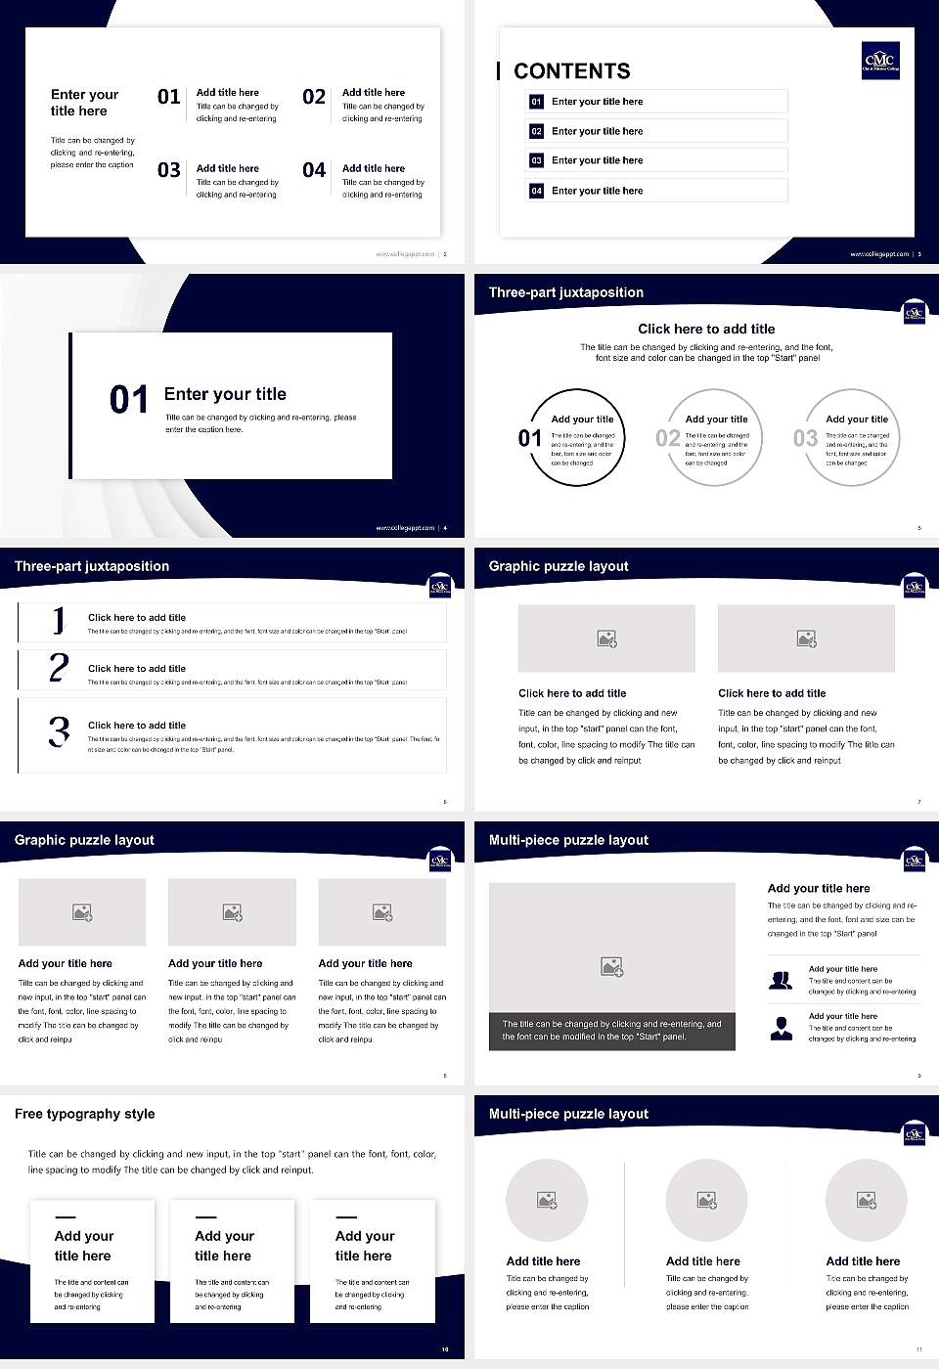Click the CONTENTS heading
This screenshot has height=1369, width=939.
click(572, 71)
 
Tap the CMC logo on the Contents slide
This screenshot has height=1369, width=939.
click(879, 61)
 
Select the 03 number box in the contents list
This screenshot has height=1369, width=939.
click(536, 160)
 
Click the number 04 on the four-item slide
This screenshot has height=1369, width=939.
click(314, 170)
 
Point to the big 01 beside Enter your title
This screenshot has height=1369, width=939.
click(129, 400)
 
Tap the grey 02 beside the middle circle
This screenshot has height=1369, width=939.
click(668, 438)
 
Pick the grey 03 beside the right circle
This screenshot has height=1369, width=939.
click(805, 438)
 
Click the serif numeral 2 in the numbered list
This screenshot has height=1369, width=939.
click(59, 668)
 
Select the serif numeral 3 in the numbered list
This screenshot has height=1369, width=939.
click(59, 731)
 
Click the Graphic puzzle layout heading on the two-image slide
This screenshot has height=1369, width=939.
click(559, 566)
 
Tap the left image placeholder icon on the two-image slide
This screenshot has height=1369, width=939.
click(606, 639)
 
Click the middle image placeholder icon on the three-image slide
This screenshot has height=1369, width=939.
click(232, 912)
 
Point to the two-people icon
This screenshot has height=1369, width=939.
click(781, 980)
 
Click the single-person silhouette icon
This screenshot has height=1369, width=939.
click(781, 1028)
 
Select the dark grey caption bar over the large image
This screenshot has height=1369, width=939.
click(611, 1031)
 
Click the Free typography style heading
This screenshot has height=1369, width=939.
click(85, 1114)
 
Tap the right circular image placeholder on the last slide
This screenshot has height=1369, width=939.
click(866, 1200)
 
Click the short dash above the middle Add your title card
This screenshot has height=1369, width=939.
click(205, 1217)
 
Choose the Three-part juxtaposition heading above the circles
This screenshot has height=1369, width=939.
click(566, 292)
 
